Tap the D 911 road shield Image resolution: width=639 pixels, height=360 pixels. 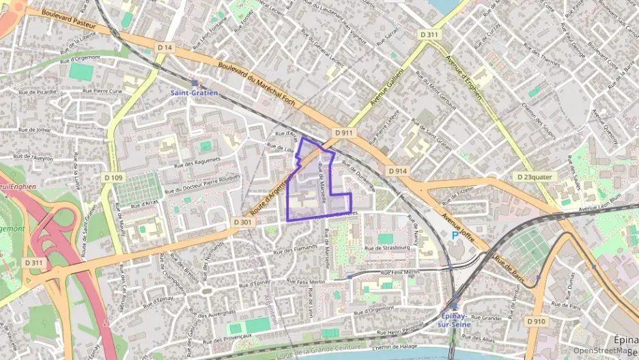pyautogui.click(x=343, y=133)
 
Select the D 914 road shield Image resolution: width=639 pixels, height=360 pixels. pyautogui.click(x=397, y=171)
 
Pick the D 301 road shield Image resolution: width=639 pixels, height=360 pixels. pyautogui.click(x=242, y=222)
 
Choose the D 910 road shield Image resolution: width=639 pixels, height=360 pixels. pyautogui.click(x=536, y=320)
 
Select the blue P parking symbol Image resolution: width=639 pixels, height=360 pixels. pyautogui.click(x=455, y=235)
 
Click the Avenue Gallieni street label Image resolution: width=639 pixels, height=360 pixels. pyautogui.click(x=387, y=86)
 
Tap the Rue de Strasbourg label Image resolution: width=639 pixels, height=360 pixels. pyautogui.click(x=387, y=247)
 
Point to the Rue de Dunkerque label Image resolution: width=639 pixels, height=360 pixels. pyautogui.click(x=359, y=173)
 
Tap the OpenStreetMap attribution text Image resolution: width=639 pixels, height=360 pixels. pyautogui.click(x=601, y=350)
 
